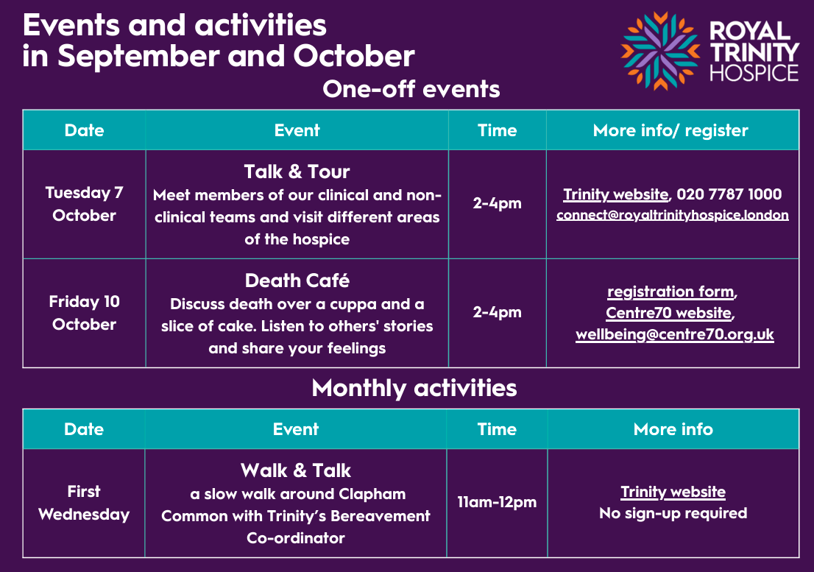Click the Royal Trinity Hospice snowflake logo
(661, 51)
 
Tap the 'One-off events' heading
(411, 89)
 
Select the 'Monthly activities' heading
(414, 388)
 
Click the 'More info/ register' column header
(670, 130)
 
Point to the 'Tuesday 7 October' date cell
(84, 204)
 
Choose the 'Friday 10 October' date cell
(84, 313)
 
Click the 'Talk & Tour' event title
(297, 172)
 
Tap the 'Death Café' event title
(297, 280)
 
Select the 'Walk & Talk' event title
(296, 471)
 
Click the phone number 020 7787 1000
(729, 194)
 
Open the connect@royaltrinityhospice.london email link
(673, 216)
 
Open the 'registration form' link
(670, 292)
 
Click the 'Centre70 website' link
(668, 313)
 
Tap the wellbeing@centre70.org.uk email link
(675, 335)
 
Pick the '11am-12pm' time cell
(497, 502)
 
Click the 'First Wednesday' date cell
(84, 503)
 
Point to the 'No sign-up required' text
(673, 513)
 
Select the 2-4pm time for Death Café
(497, 312)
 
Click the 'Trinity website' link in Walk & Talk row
(673, 492)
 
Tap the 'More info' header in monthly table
(673, 429)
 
